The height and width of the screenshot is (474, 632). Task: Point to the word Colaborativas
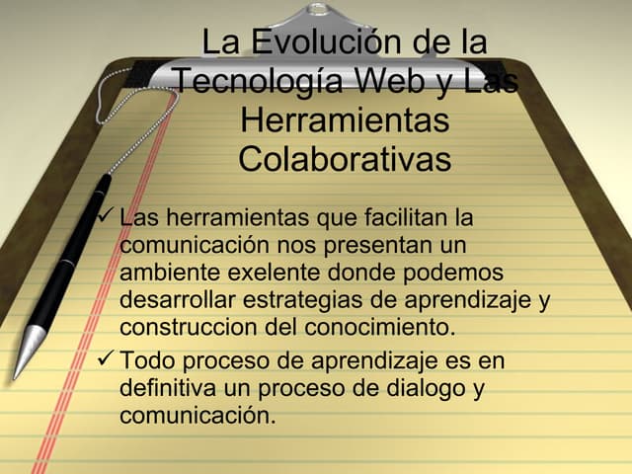(x=345, y=158)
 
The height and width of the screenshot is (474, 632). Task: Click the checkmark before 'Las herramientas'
(x=107, y=215)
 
